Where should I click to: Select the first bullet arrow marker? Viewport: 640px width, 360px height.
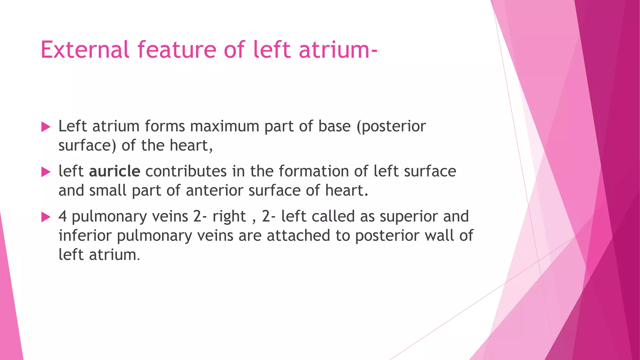[x=46, y=127]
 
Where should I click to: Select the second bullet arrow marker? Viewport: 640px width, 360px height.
[x=46, y=172]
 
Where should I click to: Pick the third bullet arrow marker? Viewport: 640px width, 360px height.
[x=46, y=217]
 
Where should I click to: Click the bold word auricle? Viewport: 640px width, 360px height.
[x=115, y=171]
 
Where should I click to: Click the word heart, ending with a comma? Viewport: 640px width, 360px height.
[x=191, y=145]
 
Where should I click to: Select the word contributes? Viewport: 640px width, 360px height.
[x=186, y=171]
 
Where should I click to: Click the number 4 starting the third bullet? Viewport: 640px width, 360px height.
[x=62, y=216]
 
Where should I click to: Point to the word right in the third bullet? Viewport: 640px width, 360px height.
[x=229, y=216]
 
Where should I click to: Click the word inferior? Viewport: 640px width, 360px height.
[x=85, y=235]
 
